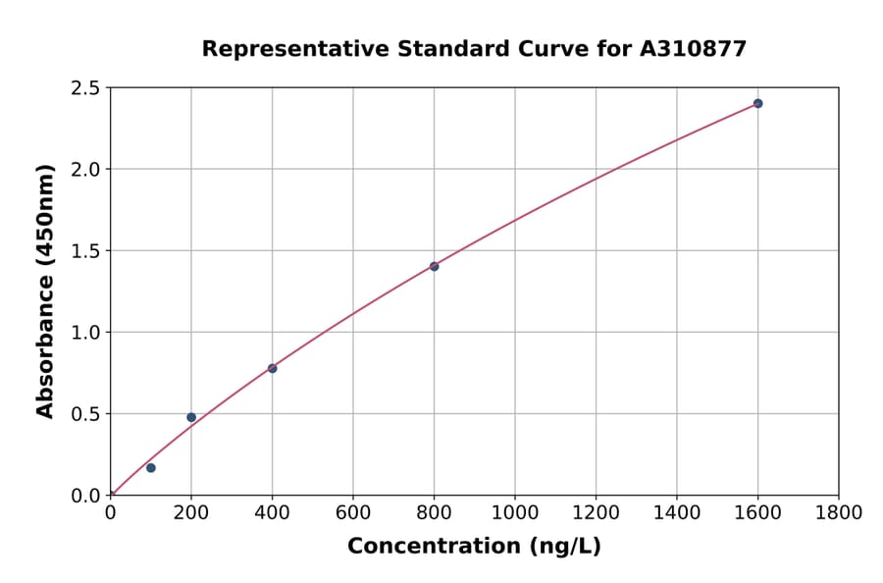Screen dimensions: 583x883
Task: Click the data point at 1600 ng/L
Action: point(757,103)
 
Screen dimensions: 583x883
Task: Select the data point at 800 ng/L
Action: point(434,266)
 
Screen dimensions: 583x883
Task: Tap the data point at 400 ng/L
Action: point(272,368)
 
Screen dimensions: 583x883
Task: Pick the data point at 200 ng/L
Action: point(191,417)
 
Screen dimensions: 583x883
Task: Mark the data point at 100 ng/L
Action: point(150,467)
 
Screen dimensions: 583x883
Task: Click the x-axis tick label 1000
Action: point(515,513)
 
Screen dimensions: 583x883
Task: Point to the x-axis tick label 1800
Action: point(839,513)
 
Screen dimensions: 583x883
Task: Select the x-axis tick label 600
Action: point(353,513)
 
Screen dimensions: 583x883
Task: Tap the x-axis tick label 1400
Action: point(677,513)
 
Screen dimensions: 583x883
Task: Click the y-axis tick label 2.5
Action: point(85,88)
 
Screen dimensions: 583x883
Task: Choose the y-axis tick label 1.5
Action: point(85,251)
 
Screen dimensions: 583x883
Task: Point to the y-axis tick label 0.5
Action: point(85,414)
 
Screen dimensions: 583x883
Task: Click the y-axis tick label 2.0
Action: point(85,170)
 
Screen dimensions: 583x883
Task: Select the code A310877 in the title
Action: point(694,49)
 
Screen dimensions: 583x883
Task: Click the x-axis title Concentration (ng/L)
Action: point(474,547)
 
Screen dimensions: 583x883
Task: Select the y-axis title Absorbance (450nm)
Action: point(45,291)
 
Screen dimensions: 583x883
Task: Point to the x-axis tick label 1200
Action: point(596,513)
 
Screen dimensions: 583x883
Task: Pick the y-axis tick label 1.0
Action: point(85,333)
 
